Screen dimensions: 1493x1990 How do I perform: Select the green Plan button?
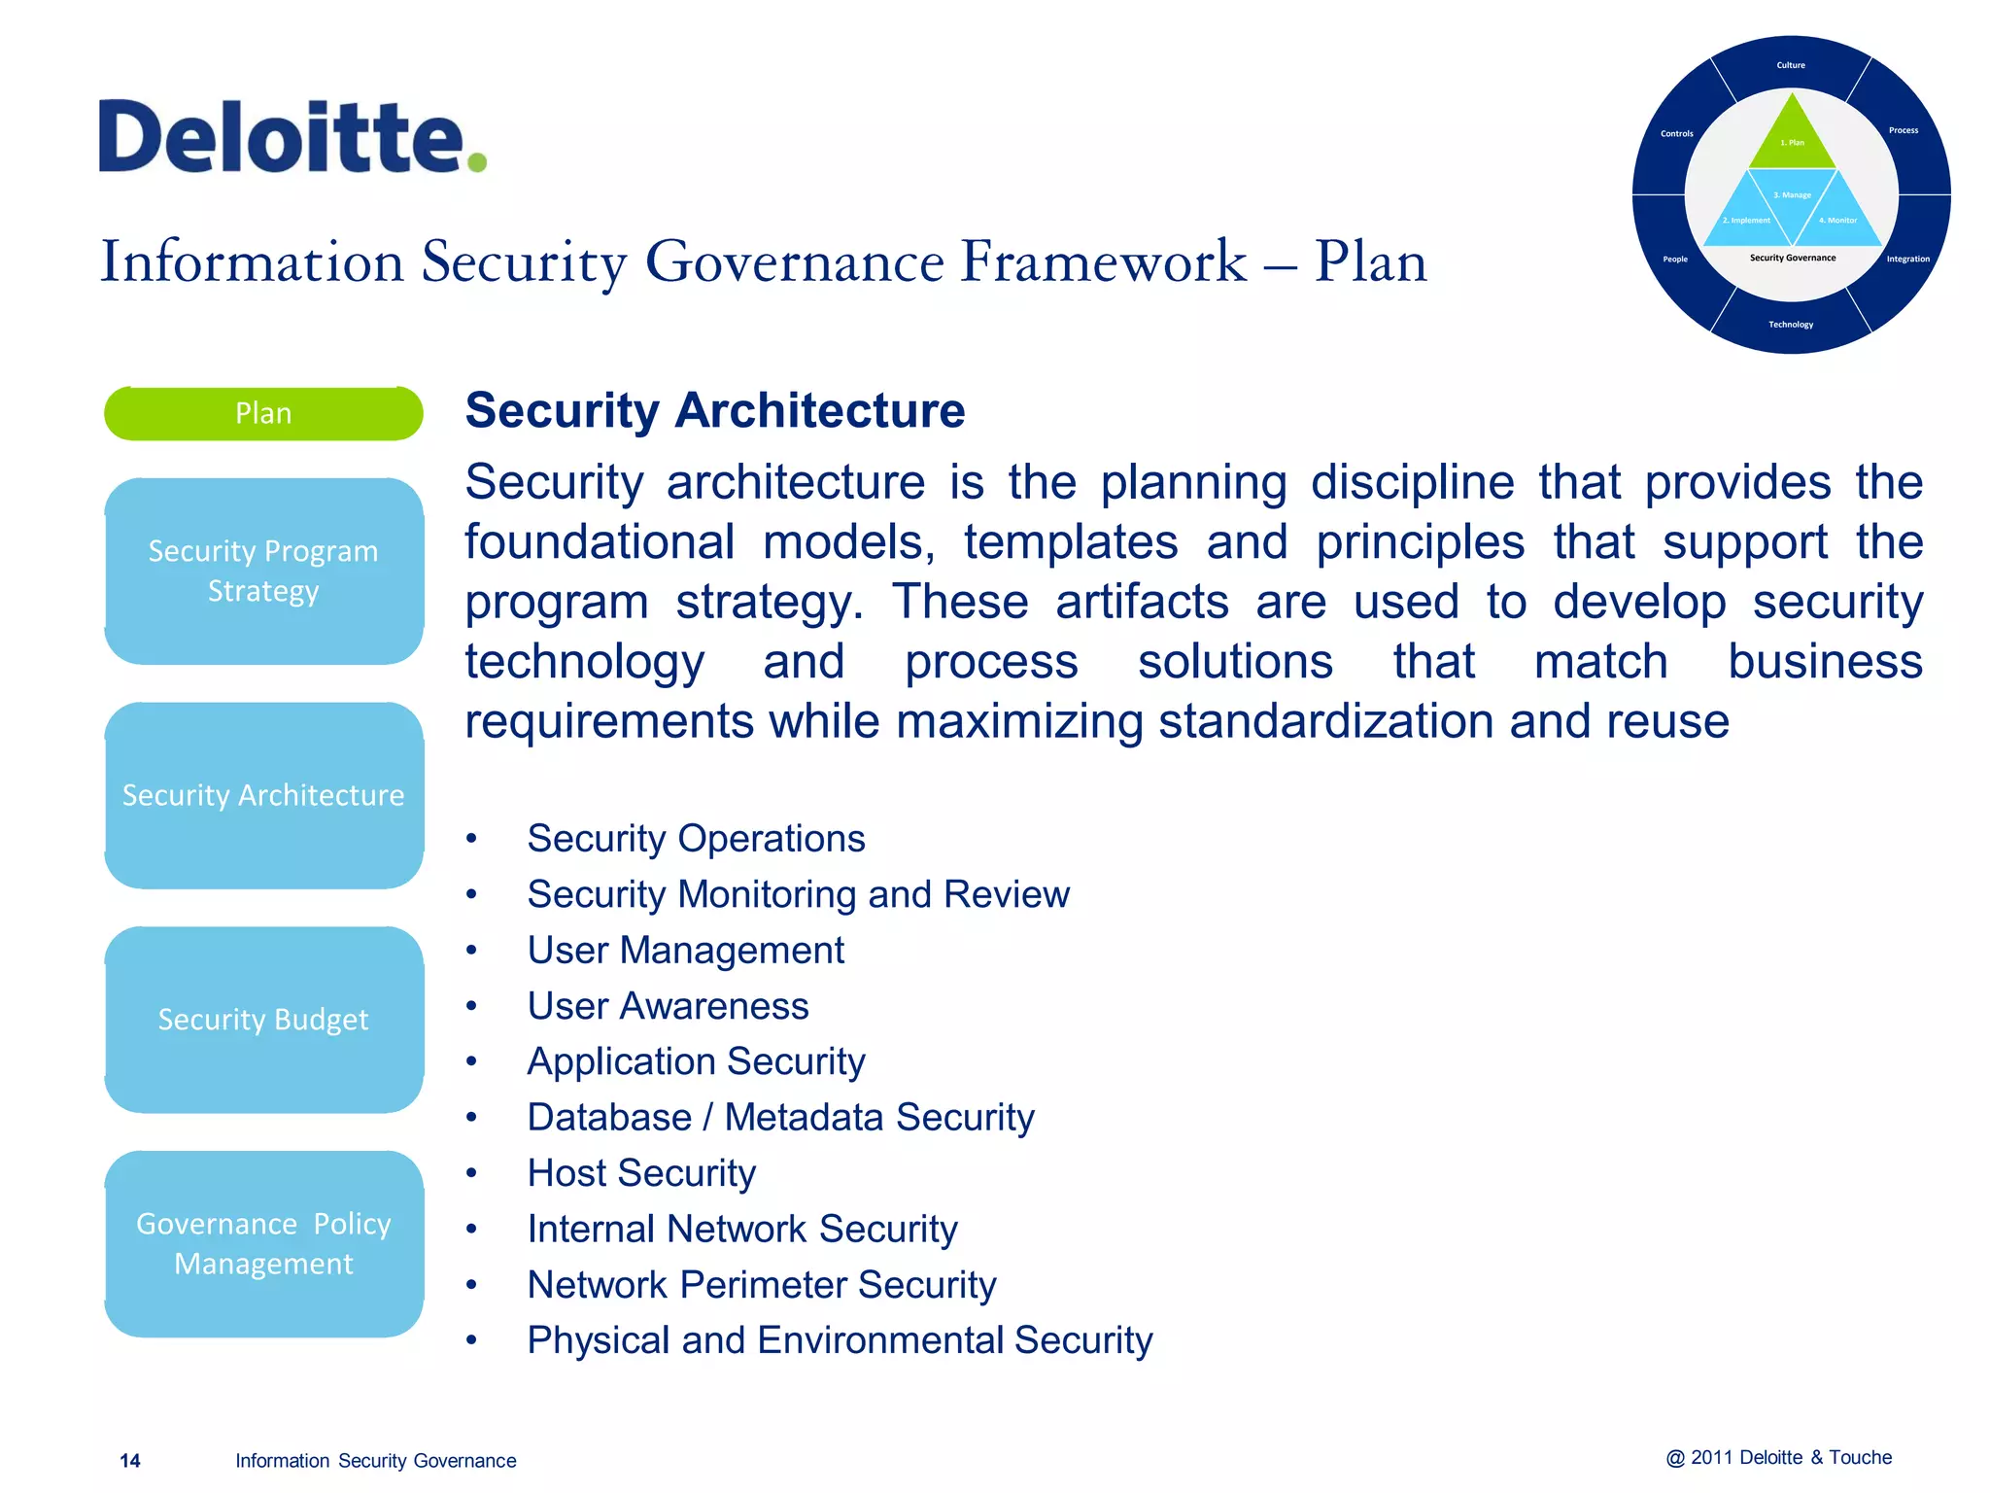tap(263, 413)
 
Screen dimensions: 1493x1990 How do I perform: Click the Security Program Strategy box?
tap(263, 571)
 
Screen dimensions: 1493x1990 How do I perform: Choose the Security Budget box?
tap(263, 1020)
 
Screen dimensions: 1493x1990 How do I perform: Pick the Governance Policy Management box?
tap(263, 1243)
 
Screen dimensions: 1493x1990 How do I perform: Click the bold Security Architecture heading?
tap(714, 410)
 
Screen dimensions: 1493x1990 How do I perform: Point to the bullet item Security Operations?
tap(696, 838)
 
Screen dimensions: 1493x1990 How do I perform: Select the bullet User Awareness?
tap(668, 1006)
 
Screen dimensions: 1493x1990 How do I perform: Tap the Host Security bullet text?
tap(641, 1173)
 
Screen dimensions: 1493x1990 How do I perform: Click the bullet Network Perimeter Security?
tap(761, 1285)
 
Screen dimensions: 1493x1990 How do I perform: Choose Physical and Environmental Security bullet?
tap(840, 1340)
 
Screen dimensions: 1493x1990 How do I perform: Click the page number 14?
tap(129, 1461)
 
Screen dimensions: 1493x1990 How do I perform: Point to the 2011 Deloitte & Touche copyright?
tap(1778, 1458)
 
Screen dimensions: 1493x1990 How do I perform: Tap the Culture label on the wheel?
tap(1791, 65)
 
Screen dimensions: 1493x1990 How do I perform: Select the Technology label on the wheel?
tap(1791, 325)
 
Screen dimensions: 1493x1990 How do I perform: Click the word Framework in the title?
tap(1103, 261)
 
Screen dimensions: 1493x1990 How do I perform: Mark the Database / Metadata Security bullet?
tap(780, 1118)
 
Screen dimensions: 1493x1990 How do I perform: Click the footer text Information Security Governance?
tap(375, 1461)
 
